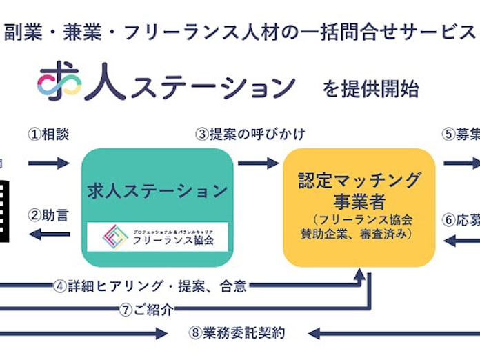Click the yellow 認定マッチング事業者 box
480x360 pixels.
click(x=359, y=207)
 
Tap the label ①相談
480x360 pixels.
click(x=48, y=134)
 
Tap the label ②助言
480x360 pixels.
click(x=48, y=216)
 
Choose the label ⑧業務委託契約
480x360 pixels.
click(x=237, y=334)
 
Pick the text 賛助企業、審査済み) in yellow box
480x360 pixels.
click(x=359, y=234)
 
